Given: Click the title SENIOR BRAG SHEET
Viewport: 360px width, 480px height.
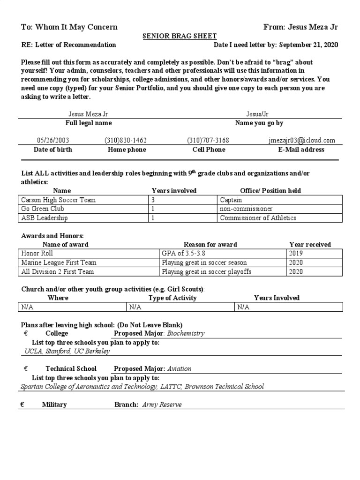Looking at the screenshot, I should [180, 36].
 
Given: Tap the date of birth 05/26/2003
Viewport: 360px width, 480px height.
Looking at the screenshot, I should [52, 140].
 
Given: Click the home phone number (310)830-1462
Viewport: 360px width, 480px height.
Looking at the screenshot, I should [125, 140].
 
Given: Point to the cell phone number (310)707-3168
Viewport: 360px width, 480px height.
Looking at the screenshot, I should [208, 140].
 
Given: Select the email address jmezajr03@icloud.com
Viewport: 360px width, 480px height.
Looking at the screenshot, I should [302, 140].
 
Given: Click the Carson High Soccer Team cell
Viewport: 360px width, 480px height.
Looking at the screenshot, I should [59, 200].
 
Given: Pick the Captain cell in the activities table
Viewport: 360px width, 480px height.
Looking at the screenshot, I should [231, 200].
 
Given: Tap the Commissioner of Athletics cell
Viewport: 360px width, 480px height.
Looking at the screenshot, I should [258, 217].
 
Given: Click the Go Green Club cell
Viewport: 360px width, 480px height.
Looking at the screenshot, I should [43, 209].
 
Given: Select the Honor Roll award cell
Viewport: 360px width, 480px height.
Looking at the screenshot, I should [37, 254].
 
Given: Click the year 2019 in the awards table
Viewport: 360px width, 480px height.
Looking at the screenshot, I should [296, 254].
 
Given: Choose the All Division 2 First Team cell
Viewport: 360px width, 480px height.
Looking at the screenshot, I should [58, 271].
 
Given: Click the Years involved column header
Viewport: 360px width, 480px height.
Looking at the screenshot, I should [174, 191].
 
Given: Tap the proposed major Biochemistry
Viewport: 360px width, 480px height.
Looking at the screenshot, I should [186, 334].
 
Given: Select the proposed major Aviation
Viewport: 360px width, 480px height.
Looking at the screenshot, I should [179, 369].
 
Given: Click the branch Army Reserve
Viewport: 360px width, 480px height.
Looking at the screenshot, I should [162, 405].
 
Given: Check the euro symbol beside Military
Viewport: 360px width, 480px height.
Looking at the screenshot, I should [22, 405].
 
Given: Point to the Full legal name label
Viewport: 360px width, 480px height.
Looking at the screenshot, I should [88, 123].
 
